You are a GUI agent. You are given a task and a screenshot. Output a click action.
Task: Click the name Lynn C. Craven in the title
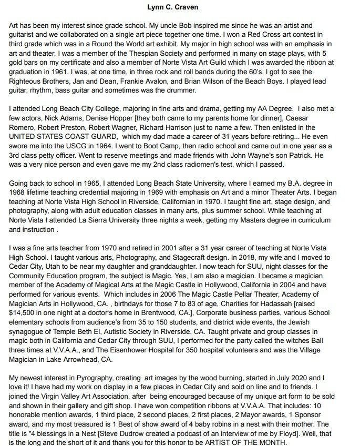coord(180,7)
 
